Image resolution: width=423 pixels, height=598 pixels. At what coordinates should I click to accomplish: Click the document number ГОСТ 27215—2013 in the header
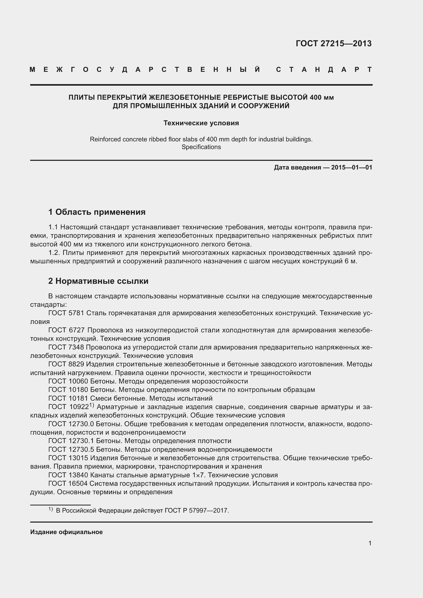pos(333,43)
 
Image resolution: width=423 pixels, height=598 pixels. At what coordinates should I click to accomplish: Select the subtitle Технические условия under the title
pos(201,123)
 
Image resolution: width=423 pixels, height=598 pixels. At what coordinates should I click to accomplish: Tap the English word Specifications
pos(201,147)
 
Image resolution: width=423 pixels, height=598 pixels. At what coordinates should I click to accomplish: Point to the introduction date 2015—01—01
pos(352,167)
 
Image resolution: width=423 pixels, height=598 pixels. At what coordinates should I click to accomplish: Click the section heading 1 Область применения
pos(97,212)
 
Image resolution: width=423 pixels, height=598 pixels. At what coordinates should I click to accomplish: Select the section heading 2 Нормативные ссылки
pos(98,281)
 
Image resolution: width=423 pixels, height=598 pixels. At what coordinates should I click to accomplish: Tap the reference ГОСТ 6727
pos(66,330)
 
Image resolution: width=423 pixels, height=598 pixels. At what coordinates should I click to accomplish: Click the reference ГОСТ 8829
pos(66,364)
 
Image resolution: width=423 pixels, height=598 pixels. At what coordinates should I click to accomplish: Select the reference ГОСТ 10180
pos(68,390)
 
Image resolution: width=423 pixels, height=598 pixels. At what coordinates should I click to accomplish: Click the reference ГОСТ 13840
pos(68,475)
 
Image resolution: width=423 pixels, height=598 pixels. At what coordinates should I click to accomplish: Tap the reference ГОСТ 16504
pos(68,484)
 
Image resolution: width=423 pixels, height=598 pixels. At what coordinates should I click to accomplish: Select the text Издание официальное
pos(66,532)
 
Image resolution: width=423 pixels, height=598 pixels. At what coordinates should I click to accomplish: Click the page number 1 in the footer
pos(370,543)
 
